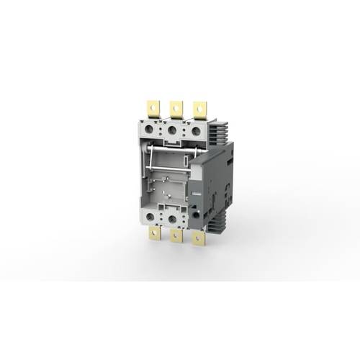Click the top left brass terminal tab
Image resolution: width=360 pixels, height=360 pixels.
[153, 109]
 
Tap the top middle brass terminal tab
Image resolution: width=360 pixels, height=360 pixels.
[175, 109]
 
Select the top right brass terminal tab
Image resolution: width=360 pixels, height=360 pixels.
[199, 109]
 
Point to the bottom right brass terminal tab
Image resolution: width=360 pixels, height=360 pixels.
[197, 238]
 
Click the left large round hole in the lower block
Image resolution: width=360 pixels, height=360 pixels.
[150, 215]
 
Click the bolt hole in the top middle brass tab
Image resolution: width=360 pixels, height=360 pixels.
[175, 107]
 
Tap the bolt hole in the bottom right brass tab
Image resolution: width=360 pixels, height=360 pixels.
[197, 240]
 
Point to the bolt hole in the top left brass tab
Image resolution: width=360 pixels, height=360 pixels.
[152, 106]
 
